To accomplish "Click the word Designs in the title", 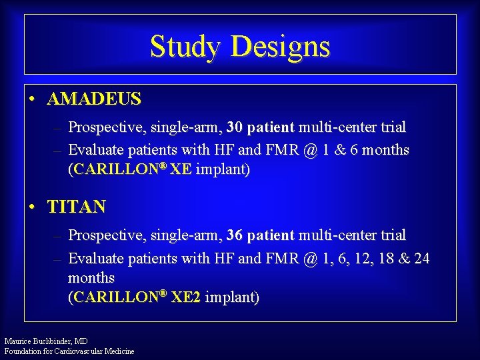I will click(280, 47).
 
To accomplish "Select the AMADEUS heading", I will click(94, 99).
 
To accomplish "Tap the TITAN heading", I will click(77, 207).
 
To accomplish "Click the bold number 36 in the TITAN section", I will click(235, 235).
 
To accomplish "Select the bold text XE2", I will click(186, 297).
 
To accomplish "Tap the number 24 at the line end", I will click(421, 258).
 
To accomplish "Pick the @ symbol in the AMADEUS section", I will click(310, 150).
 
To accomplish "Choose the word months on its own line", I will click(91, 277).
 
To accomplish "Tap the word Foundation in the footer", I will click(22, 351).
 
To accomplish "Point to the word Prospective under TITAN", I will click(103, 235).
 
